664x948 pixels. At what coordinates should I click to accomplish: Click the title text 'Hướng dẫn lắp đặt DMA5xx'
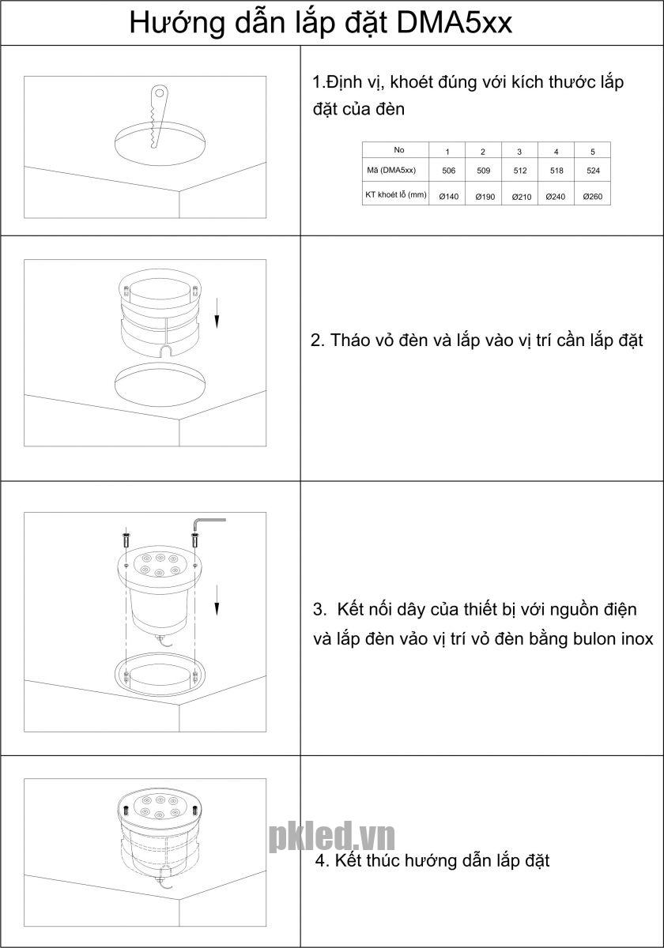pyautogui.click(x=321, y=23)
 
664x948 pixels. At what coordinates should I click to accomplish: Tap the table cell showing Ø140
pyautogui.click(x=448, y=196)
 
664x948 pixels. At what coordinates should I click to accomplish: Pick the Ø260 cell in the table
pyautogui.click(x=593, y=196)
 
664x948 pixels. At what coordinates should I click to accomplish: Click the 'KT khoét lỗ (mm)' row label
pyautogui.click(x=395, y=194)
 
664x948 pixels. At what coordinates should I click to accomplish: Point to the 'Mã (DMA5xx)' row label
pyautogui.click(x=395, y=170)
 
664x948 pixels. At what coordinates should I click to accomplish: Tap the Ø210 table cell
pyautogui.click(x=521, y=196)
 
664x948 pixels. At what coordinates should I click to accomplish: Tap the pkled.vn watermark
pyautogui.click(x=331, y=836)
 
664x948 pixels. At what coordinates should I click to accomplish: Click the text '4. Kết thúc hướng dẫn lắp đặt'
pyautogui.click(x=432, y=860)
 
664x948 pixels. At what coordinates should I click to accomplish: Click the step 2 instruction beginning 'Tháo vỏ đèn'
pyautogui.click(x=476, y=340)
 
